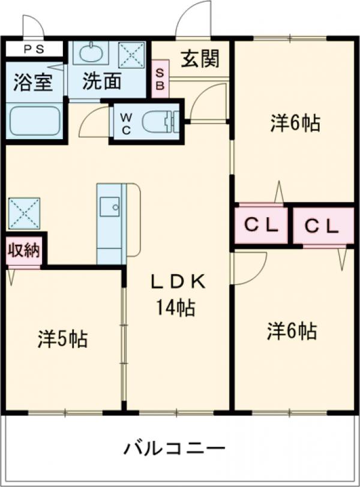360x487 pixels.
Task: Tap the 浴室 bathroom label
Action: (x=32, y=82)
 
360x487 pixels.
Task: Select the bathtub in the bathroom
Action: (x=35, y=121)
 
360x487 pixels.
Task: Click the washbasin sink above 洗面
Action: (x=91, y=54)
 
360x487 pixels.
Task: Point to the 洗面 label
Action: (x=102, y=82)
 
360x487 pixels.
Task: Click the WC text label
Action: (x=127, y=122)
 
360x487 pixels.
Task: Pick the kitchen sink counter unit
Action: (x=112, y=223)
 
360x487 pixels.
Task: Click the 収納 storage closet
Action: (x=24, y=251)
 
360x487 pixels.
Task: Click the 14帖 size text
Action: (x=175, y=308)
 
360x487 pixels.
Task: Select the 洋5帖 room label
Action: (x=63, y=339)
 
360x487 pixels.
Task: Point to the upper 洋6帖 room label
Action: (x=293, y=123)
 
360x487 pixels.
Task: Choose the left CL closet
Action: (x=261, y=226)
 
